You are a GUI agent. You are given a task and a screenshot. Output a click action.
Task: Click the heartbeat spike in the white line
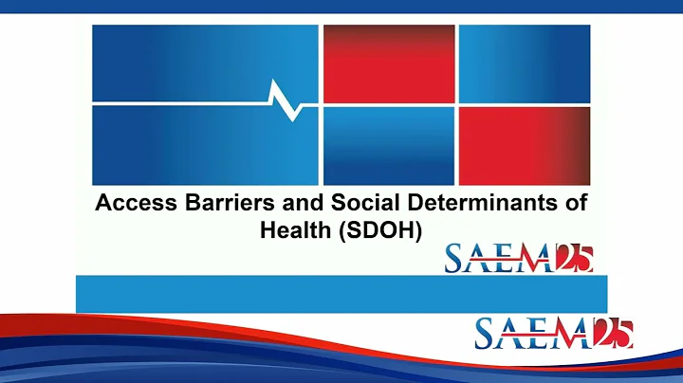[286, 99]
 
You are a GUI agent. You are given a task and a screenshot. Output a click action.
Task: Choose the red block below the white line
[524, 144]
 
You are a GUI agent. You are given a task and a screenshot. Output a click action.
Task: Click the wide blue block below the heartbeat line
[204, 144]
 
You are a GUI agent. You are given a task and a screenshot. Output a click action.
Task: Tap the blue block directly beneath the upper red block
[388, 144]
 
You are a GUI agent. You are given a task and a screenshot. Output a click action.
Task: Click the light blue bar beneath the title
[341, 293]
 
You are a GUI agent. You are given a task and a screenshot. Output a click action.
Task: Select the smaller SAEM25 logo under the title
[519, 258]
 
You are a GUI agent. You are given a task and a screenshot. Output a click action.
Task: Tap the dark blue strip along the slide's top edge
[341, 6]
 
